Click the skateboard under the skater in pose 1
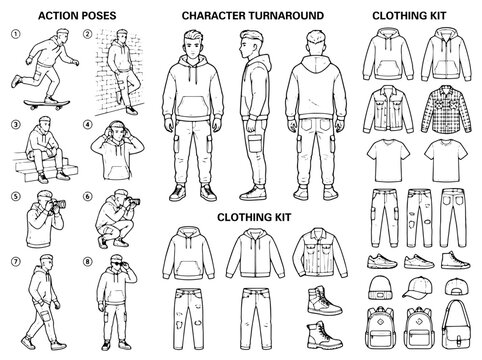pos(47,104)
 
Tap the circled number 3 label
pos(15,125)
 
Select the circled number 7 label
pos(15,261)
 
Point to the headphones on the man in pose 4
pos(117,128)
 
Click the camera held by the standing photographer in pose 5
pos(57,204)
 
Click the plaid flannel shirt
pos(447,109)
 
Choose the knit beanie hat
pos(380,287)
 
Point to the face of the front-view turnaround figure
pos(193,49)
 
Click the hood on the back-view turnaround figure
pos(315,64)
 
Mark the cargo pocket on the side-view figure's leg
pos(255,143)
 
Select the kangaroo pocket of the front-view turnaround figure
pos(193,107)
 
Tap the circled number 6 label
pos(88,196)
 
